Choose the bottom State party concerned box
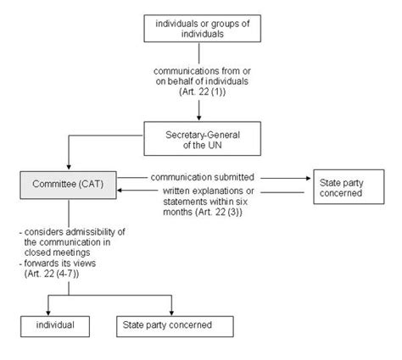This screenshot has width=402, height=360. pyautogui.click(x=174, y=325)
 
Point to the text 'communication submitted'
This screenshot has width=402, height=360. pyautogui.click(x=204, y=177)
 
